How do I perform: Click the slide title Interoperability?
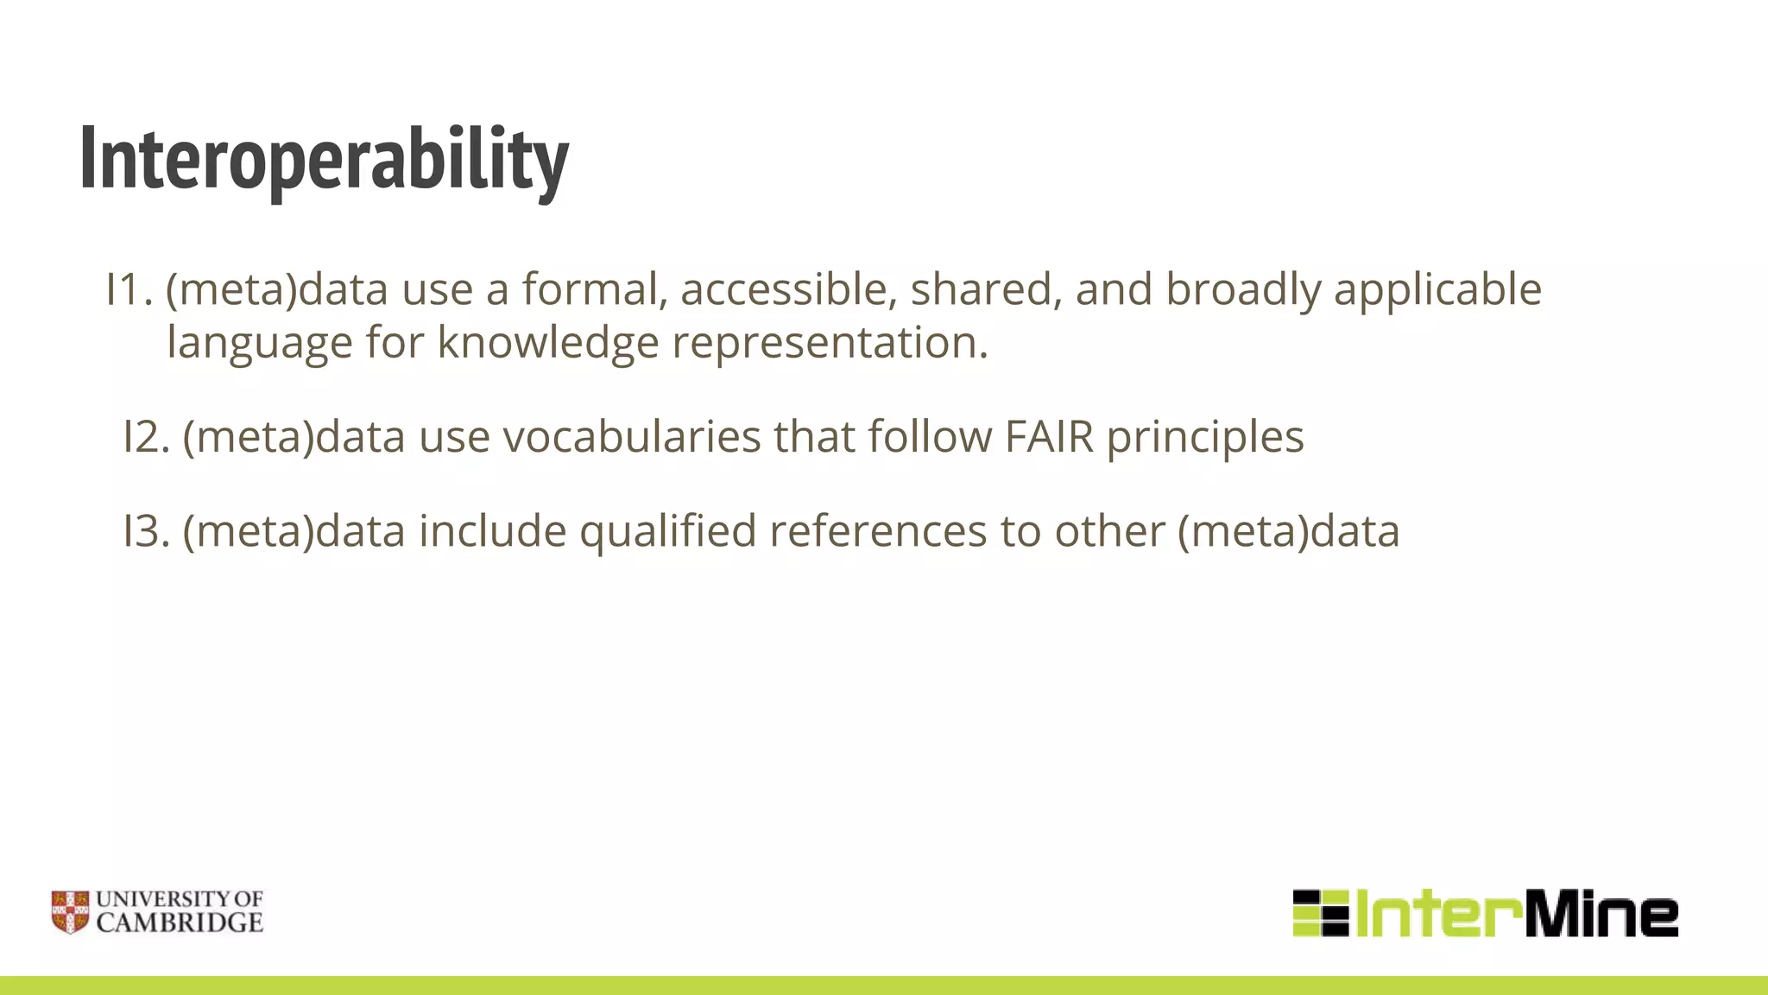click(x=324, y=159)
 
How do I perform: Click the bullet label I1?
click(x=129, y=289)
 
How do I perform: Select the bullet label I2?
click(x=146, y=436)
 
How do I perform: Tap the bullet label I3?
click(x=146, y=530)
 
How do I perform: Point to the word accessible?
click(x=784, y=289)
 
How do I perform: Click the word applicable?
click(x=1437, y=289)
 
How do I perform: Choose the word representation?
click(x=829, y=342)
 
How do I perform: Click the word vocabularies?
click(x=632, y=436)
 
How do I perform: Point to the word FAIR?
click(x=1049, y=436)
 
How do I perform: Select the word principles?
click(x=1205, y=438)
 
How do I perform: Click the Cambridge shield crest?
click(x=70, y=912)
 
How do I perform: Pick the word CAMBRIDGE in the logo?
click(x=180, y=923)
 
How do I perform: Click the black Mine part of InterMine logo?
click(x=1601, y=914)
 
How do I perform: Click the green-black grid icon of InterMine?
click(x=1320, y=913)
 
